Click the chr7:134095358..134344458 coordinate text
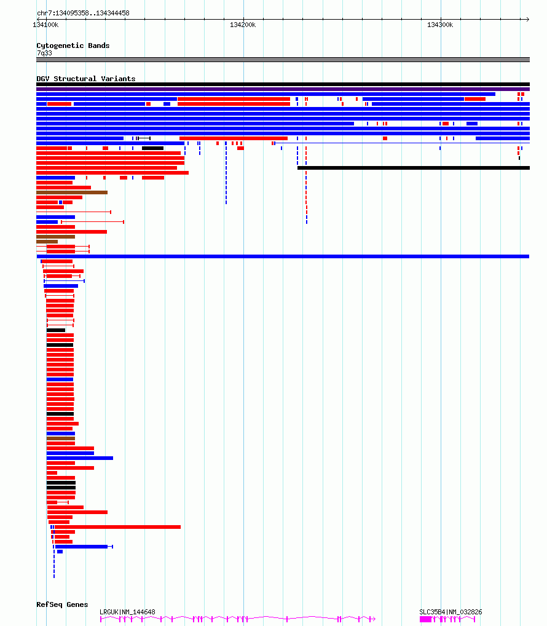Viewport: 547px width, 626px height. coord(83,13)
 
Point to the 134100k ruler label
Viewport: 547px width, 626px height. coord(45,25)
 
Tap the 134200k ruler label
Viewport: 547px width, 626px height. coord(243,25)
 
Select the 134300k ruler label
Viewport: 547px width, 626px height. coord(440,25)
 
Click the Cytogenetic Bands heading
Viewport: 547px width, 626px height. coord(73,46)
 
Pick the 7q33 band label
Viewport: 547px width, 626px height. coord(44,53)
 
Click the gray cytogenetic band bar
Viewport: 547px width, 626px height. coord(283,60)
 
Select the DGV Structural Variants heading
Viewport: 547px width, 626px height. coord(86,79)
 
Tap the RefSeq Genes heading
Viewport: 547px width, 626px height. coord(62,604)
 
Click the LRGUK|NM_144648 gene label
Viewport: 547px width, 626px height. coord(127,612)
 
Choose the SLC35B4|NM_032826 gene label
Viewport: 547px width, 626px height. coord(451,612)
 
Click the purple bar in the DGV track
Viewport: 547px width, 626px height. coord(283,89)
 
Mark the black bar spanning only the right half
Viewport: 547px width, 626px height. coord(414,168)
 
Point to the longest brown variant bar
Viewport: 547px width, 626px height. coord(72,192)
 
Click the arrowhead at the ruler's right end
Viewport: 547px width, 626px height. coord(528,19)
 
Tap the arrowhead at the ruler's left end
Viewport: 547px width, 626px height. coord(38,19)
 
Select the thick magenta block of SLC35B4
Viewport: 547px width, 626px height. coord(425,619)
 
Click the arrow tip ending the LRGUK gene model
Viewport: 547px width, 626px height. coord(375,619)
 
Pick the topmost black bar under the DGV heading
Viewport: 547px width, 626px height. coord(283,84)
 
